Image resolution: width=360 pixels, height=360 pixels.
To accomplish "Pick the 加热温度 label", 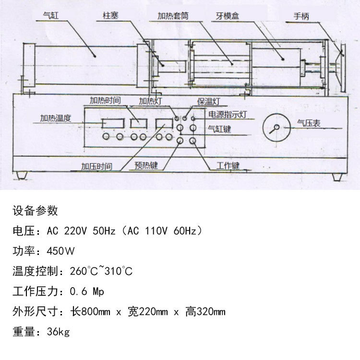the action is (56, 118).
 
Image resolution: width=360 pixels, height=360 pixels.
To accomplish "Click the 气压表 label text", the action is (309, 123).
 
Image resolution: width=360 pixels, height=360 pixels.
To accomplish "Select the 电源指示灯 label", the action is (228, 115).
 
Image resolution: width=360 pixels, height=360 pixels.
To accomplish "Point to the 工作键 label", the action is (228, 166).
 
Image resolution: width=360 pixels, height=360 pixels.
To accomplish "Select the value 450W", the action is (61, 251).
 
